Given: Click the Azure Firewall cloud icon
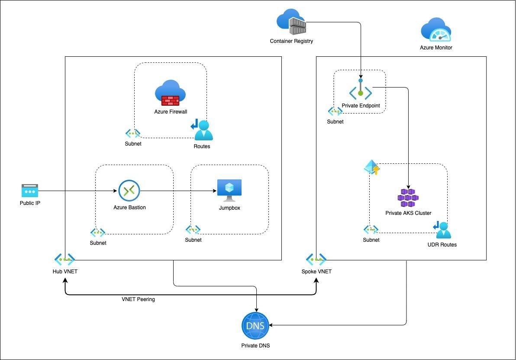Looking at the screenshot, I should tap(170, 93).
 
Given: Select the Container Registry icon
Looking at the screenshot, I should tap(292, 22).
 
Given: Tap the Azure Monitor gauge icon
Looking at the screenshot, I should tap(436, 30).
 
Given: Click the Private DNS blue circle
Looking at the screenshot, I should tap(255, 326).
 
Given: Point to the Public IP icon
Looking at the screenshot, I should tap(30, 191).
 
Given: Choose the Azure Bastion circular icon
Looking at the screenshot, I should tap(129, 191).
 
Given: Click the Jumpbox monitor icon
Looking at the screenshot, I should tap(229, 190).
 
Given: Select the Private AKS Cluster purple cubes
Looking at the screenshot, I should tap(408, 198).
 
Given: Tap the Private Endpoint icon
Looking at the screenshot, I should tap(360, 91).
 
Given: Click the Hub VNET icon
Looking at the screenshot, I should tap(64, 259).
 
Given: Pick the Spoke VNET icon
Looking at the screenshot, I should tap(316, 259).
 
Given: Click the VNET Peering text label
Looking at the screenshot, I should tap(138, 299).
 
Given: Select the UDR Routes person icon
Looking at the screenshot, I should tap(442, 230).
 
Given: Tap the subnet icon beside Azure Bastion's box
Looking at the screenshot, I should tap(98, 233).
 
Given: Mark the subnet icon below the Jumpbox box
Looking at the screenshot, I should tap(193, 230).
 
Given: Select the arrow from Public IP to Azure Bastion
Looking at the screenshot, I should tap(78, 191).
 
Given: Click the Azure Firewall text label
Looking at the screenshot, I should tap(171, 112).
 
